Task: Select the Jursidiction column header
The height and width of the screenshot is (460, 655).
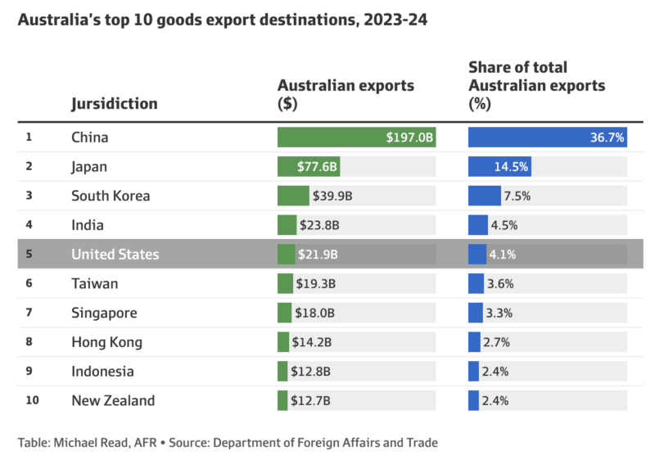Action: (114, 104)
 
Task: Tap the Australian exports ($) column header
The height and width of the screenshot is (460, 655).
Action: (346, 94)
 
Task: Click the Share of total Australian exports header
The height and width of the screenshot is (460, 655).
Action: (536, 85)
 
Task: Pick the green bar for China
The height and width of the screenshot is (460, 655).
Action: (356, 138)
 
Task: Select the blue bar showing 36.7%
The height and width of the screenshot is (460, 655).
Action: (547, 138)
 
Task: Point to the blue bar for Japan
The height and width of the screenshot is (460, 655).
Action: (499, 167)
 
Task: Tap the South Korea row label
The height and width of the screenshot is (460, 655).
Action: (111, 196)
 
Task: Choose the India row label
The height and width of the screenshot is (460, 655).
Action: (88, 225)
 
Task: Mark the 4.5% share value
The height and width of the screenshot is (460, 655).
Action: (504, 225)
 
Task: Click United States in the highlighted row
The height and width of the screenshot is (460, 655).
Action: (115, 255)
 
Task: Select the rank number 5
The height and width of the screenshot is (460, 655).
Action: (29, 255)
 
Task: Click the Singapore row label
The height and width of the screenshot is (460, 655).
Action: (104, 313)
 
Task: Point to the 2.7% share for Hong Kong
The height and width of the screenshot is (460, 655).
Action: (496, 342)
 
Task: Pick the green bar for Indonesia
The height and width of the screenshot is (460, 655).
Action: (282, 372)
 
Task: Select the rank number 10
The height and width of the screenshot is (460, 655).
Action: (31, 400)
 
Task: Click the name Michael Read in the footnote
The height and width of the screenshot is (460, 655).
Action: (84, 443)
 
